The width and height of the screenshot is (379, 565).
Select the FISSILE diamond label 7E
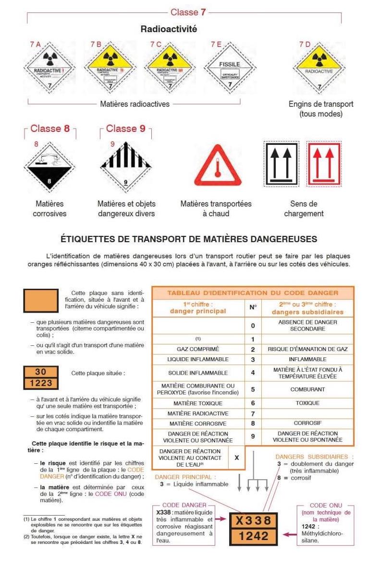[230, 67]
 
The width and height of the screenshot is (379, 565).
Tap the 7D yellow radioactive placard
[318, 67]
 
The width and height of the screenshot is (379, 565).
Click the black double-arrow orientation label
[281, 164]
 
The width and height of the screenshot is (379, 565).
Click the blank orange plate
[41, 301]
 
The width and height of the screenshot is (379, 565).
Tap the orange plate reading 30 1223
[41, 377]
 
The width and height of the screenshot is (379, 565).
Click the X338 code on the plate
[254, 520]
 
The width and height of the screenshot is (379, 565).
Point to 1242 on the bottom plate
[254, 536]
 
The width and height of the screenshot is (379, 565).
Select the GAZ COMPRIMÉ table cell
[198, 349]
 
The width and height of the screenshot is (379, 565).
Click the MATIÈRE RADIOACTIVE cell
[198, 413]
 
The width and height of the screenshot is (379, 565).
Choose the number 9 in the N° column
[253, 436]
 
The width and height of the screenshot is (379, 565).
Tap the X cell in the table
[236, 458]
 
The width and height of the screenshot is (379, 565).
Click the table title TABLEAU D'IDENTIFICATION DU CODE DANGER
[253, 293]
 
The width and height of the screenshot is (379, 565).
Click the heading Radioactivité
[169, 29]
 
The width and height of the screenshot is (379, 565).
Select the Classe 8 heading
[50, 129]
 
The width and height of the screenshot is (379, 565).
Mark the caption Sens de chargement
[304, 209]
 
